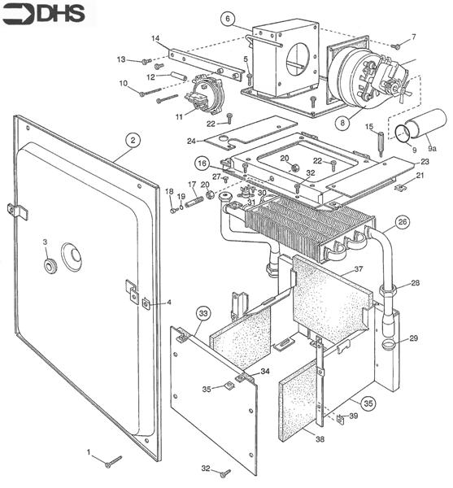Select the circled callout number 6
(x=228, y=18)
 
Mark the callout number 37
(x=358, y=269)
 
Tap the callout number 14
(x=155, y=38)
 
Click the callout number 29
(x=413, y=338)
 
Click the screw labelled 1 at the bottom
(x=112, y=461)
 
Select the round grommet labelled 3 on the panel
(x=50, y=266)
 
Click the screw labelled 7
(x=394, y=47)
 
